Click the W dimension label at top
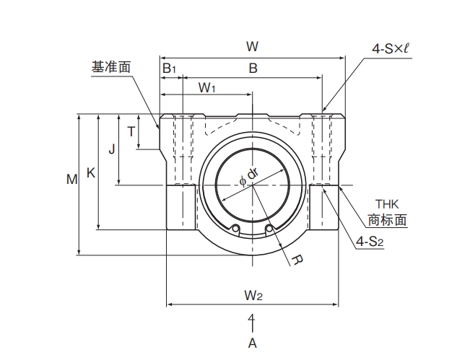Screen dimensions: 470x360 click(252, 47)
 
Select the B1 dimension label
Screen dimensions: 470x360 click(169, 69)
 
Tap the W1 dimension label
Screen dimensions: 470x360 click(206, 88)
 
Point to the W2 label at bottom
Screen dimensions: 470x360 click(253, 296)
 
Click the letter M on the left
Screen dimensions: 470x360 click(72, 180)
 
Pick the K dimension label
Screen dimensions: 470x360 click(91, 173)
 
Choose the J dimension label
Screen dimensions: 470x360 click(111, 149)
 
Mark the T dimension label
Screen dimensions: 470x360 click(131, 132)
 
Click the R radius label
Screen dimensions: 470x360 click(297, 260)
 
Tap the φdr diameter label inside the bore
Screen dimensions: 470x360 click(249, 177)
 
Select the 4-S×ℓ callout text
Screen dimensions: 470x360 click(391, 48)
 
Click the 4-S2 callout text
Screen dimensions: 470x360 click(370, 242)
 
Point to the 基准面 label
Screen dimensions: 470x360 click(111, 67)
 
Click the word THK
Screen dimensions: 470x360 click(387, 204)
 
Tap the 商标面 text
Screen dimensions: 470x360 click(387, 220)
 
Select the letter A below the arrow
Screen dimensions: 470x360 click(253, 343)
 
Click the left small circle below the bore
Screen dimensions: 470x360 click(236, 229)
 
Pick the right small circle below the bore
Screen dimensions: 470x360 click(269, 229)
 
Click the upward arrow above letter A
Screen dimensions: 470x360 click(253, 323)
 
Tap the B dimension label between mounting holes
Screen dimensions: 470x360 click(253, 69)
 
